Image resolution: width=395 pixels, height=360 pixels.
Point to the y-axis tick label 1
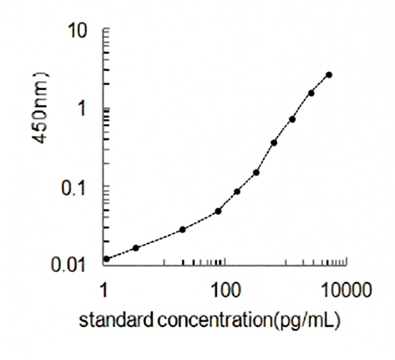click(92, 109)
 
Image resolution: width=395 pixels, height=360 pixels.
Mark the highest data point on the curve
click(329, 75)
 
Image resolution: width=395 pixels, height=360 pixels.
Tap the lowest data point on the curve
click(106, 259)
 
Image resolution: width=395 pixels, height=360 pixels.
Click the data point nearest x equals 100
click(218, 211)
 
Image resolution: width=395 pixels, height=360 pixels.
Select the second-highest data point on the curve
click(311, 93)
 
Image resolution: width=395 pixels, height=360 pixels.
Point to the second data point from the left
click(136, 248)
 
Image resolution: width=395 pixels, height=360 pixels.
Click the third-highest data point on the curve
click(292, 119)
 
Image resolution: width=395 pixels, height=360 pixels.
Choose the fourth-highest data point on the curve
click(274, 143)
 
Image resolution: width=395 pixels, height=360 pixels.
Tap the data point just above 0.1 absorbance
click(256, 172)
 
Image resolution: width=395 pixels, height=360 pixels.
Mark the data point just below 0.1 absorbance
click(237, 191)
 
